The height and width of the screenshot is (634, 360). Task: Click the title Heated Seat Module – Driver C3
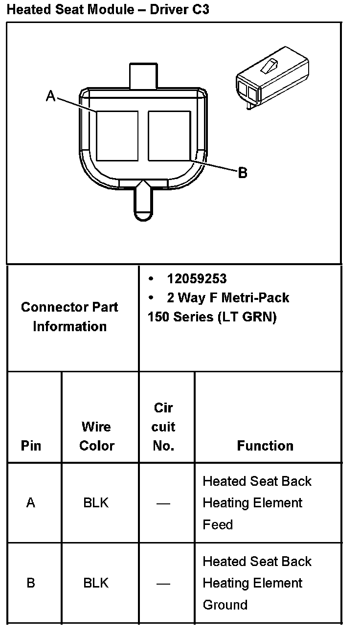click(108, 9)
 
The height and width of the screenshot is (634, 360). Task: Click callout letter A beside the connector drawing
click(50, 96)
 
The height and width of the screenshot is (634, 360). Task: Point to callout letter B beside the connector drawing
click(243, 173)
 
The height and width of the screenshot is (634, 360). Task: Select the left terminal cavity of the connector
click(117, 136)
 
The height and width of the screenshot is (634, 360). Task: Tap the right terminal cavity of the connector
click(169, 136)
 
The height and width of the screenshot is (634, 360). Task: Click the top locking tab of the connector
click(143, 75)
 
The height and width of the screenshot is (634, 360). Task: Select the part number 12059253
click(197, 279)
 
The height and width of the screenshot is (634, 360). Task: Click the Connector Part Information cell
click(69, 317)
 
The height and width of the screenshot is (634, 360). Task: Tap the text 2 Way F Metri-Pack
click(228, 298)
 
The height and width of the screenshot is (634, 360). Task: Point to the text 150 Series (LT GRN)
click(212, 317)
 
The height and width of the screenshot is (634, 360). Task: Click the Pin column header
click(31, 446)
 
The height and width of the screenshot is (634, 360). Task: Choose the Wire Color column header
click(96, 436)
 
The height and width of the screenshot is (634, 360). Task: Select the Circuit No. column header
click(163, 427)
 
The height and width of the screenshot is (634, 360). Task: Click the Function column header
click(265, 446)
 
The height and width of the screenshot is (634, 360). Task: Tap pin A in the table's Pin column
click(31, 503)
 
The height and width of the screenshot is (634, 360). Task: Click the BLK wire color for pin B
click(96, 583)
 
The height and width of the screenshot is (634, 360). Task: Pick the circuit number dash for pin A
click(163, 503)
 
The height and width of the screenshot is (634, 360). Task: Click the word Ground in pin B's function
click(225, 605)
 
